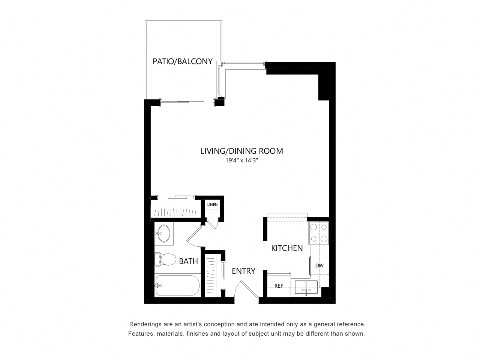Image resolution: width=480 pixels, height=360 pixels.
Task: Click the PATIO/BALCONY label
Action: [182, 61]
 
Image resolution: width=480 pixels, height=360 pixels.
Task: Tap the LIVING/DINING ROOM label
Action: [241, 151]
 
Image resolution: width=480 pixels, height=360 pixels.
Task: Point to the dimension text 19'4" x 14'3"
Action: [242, 160]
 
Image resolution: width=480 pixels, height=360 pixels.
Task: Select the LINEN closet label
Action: [212, 205]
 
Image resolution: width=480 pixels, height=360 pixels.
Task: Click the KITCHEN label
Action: [287, 248]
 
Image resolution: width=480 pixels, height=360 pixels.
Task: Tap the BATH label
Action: [188, 261]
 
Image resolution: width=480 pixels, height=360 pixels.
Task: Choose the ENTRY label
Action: [243, 271]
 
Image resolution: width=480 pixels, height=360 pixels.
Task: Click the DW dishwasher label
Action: [319, 265]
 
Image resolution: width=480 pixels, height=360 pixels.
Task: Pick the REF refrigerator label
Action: [279, 285]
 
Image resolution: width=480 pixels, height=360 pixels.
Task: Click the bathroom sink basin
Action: [164, 234]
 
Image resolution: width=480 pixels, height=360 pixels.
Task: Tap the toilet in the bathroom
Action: [165, 259]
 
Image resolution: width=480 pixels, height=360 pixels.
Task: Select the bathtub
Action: [177, 285]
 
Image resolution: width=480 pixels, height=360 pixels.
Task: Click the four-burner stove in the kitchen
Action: [319, 233]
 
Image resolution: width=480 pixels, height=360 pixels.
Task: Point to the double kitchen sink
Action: [306, 287]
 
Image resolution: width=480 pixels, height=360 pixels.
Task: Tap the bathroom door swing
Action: [194, 237]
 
